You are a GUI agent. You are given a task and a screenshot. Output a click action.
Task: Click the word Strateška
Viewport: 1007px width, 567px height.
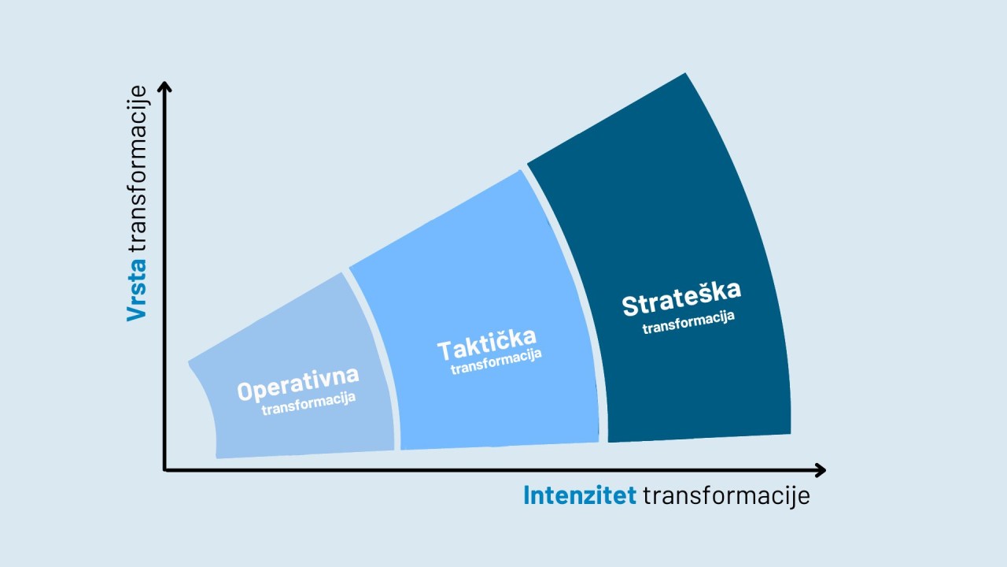[681, 298]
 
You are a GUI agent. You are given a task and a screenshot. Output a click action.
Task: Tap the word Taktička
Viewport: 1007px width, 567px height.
[487, 344]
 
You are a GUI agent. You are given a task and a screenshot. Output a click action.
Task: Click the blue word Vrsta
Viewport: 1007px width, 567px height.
[137, 290]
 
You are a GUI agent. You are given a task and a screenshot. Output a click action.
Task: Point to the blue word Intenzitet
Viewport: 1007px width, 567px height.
[580, 495]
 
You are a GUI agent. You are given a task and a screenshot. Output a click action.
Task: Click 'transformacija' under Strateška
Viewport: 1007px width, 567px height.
[688, 322]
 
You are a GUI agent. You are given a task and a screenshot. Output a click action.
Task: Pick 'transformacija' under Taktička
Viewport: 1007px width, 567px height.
[496, 361]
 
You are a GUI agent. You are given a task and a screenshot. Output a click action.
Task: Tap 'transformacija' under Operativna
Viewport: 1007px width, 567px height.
[308, 403]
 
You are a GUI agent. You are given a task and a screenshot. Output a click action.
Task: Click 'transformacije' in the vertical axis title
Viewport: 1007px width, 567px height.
[137, 169]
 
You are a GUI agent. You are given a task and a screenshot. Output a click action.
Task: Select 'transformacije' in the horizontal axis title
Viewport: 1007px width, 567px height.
[726, 496]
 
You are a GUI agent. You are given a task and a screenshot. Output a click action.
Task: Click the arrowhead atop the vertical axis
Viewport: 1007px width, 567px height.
[164, 86]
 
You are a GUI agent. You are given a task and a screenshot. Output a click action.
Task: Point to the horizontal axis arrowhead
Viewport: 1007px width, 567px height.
[821, 470]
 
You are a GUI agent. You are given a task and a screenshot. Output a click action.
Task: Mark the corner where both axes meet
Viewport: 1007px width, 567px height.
[164, 470]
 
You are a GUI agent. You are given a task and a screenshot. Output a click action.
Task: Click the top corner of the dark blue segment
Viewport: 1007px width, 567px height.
[685, 73]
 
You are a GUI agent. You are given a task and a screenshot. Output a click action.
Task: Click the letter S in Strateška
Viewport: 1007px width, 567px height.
[630, 306]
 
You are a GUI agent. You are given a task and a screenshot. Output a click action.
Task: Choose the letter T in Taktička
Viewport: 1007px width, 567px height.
[445, 351]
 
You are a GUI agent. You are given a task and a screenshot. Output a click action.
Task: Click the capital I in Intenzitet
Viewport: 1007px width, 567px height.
[526, 495]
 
